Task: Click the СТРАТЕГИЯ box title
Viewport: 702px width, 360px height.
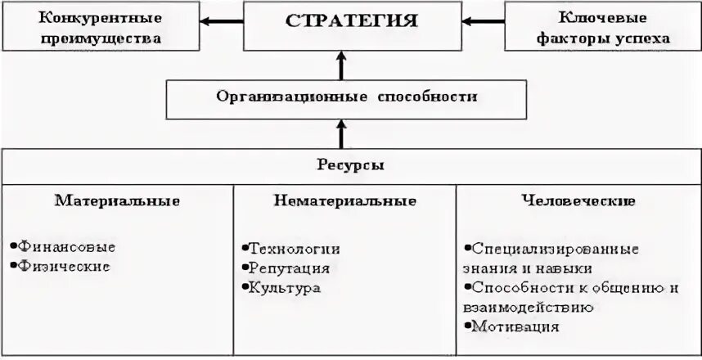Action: [x=351, y=22]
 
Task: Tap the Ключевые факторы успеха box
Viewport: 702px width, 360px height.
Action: [x=602, y=27]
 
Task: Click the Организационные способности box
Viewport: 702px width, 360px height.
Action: [x=346, y=97]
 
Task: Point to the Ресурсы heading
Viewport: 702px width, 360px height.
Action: [x=351, y=164]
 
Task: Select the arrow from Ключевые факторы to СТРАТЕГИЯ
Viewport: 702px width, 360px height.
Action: [x=479, y=21]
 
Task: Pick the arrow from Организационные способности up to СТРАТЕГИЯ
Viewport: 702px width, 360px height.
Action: [x=342, y=64]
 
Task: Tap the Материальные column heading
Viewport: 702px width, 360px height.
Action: [x=118, y=200]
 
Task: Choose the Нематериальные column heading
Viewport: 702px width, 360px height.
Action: [x=344, y=200]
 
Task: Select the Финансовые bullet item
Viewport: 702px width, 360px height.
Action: [x=66, y=246]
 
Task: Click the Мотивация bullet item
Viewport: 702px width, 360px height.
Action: [x=515, y=326]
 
